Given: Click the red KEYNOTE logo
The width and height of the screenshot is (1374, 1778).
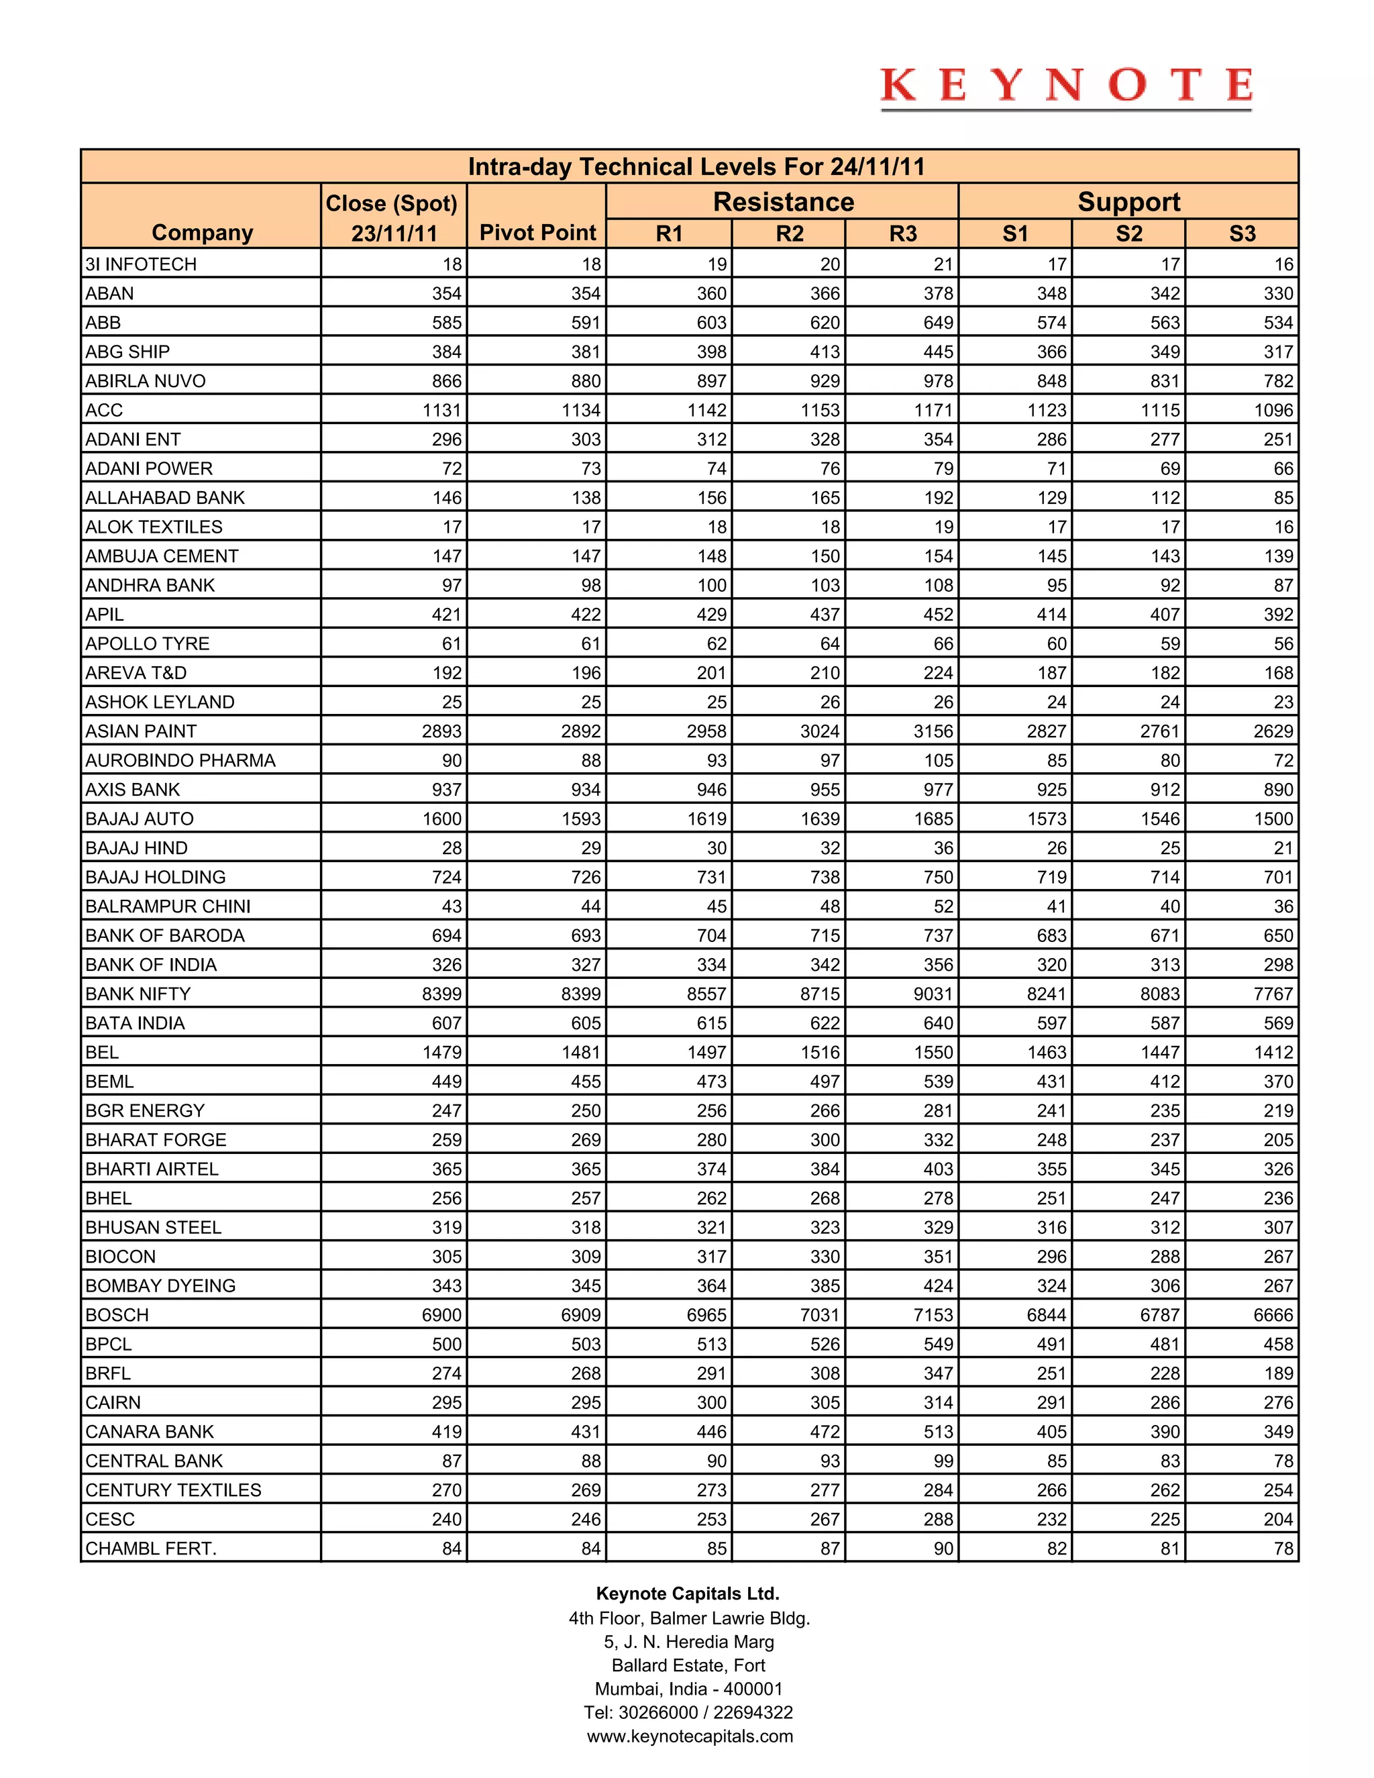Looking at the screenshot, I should (x=1065, y=87).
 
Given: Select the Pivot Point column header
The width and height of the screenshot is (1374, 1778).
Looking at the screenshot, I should (x=537, y=233).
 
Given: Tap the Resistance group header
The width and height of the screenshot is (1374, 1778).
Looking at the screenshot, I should (x=783, y=202).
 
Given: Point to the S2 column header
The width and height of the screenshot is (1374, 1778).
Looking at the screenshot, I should (x=1128, y=234).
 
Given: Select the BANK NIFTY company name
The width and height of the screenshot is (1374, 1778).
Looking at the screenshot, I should (x=138, y=994).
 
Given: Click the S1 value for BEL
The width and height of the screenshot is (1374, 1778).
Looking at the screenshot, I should (x=1047, y=1053).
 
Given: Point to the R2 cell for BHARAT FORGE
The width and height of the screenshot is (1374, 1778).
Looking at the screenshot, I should (x=825, y=1140).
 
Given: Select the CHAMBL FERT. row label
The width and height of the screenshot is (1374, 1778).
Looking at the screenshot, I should (x=150, y=1549).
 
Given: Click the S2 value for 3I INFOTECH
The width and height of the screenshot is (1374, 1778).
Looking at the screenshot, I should (x=1169, y=264).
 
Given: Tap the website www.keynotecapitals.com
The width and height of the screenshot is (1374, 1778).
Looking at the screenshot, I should (x=690, y=1736).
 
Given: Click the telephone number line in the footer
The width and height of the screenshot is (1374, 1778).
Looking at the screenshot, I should (x=688, y=1712).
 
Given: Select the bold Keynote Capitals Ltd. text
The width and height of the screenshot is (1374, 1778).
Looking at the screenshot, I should (x=688, y=1593).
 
